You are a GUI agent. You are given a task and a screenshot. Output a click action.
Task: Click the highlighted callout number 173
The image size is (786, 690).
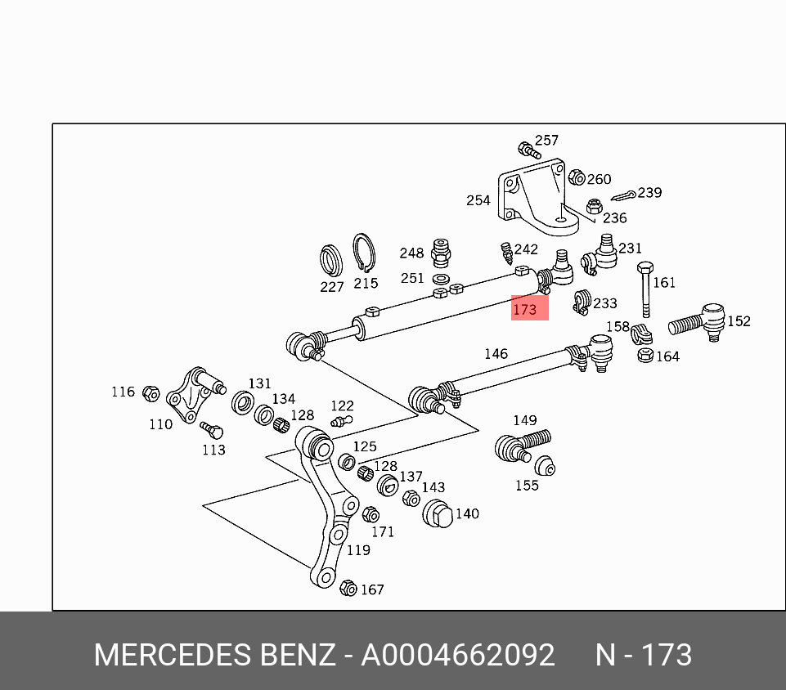pos(524,310)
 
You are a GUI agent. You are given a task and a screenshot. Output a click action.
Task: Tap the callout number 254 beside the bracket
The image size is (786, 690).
pos(478,200)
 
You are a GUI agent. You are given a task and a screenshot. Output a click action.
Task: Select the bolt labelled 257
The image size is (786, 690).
pos(528,150)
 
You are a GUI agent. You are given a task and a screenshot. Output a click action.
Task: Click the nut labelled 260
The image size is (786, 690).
pos(576,177)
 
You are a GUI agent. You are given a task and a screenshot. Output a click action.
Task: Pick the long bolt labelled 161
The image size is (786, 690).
pos(645,289)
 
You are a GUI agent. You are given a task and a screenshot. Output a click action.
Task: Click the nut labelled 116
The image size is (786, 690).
pos(150,393)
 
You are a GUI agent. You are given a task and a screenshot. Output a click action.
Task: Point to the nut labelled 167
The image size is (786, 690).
pos(348,588)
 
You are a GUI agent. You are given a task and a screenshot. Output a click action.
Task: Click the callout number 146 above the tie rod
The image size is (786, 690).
pos(496,354)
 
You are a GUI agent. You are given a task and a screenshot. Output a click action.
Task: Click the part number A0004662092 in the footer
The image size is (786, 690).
pos(458,656)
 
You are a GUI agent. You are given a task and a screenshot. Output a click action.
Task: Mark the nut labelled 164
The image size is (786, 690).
pos(645,356)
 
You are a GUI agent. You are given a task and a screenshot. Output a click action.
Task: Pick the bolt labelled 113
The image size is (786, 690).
pos(210,428)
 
